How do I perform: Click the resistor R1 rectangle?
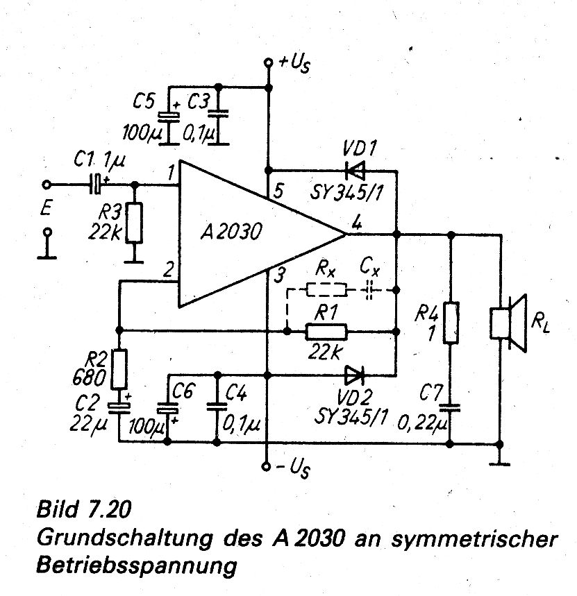pyautogui.click(x=326, y=333)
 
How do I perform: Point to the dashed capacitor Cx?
pyautogui.click(x=369, y=289)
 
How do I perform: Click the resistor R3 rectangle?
pyautogui.click(x=133, y=223)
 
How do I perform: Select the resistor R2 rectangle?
pyautogui.click(x=119, y=369)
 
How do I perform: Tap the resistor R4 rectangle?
pyautogui.click(x=451, y=323)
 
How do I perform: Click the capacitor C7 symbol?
pyautogui.click(x=451, y=407)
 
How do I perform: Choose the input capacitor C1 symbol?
pyautogui.click(x=97, y=185)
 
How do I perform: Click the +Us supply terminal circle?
pyautogui.click(x=268, y=64)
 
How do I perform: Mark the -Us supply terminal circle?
pyautogui.click(x=268, y=466)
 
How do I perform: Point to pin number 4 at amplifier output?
pyautogui.click(x=356, y=223)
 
